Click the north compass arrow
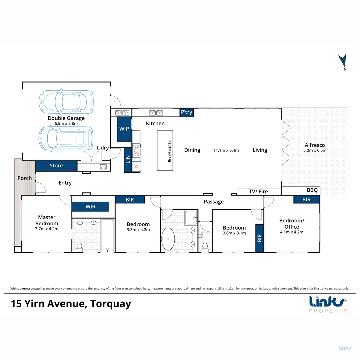pyautogui.click(x=342, y=62)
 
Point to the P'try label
pyautogui.click(x=187, y=112)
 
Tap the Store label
pyautogui.click(x=56, y=166)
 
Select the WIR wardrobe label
pyautogui.click(x=90, y=207)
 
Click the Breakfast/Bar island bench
pyautogui.click(x=166, y=150)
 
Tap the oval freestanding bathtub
pyautogui.click(x=168, y=239)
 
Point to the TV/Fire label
pyautogui.click(x=258, y=191)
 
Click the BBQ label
pyautogui.click(x=312, y=190)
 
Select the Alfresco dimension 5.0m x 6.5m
pyautogui.click(x=315, y=150)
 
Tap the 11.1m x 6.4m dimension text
pyautogui.click(x=226, y=150)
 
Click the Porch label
pyautogui.click(x=25, y=178)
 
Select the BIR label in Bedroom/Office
pyautogui.click(x=306, y=199)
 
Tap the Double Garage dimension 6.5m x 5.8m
pyautogui.click(x=66, y=124)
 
